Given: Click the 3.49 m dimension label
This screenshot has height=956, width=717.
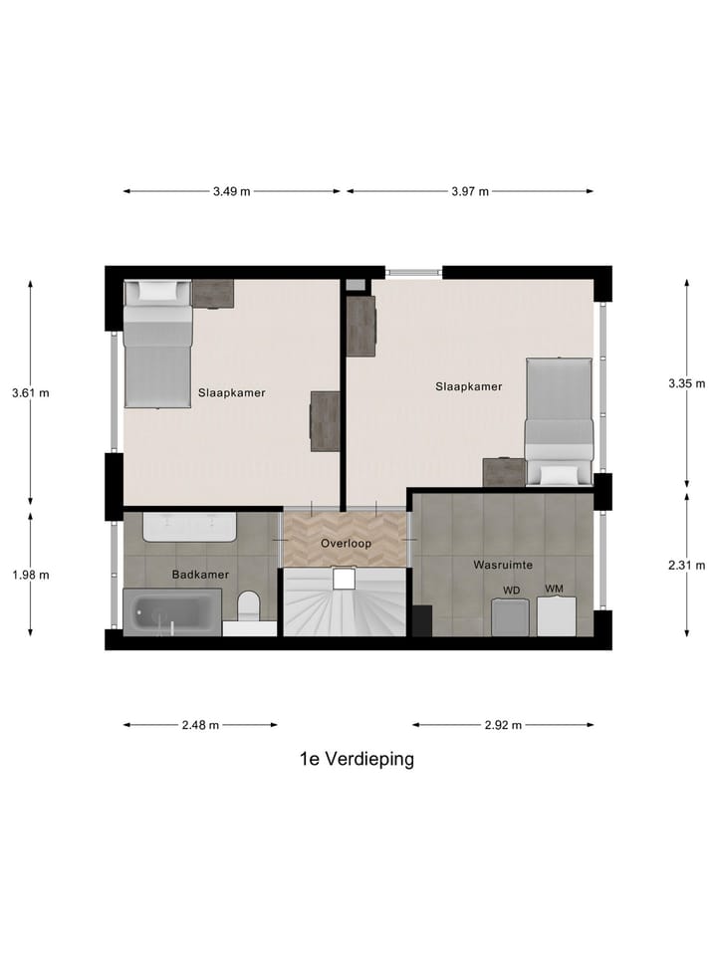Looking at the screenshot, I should (231, 192).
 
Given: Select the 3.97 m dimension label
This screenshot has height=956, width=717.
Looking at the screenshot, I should (470, 192).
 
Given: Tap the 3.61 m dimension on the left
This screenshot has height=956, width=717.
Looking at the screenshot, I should (30, 392).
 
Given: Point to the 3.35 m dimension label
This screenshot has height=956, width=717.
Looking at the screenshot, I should (687, 382).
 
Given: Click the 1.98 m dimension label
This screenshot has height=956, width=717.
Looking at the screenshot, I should (30, 575).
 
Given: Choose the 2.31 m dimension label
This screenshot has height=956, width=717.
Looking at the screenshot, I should (687, 566).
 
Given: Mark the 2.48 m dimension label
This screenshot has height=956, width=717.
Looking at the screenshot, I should (200, 725).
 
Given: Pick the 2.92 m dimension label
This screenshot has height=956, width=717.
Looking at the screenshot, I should (503, 725).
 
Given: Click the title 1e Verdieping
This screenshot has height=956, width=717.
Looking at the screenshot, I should (357, 759).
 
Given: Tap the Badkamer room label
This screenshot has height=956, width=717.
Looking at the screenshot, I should (200, 575).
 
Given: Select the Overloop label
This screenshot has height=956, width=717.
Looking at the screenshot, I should (345, 544).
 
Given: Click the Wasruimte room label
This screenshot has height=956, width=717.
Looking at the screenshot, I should (502, 565).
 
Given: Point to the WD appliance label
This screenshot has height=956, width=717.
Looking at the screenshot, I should (511, 591).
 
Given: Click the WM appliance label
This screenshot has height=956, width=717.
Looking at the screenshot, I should (555, 589).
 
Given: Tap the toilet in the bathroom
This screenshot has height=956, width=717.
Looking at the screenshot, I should (249, 606).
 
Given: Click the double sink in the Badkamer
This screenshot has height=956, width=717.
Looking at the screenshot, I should (189, 526).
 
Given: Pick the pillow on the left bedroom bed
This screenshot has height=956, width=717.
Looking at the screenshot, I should (156, 292).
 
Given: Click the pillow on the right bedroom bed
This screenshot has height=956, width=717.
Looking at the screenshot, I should (560, 474).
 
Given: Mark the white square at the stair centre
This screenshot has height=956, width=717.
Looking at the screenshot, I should (345, 580).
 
